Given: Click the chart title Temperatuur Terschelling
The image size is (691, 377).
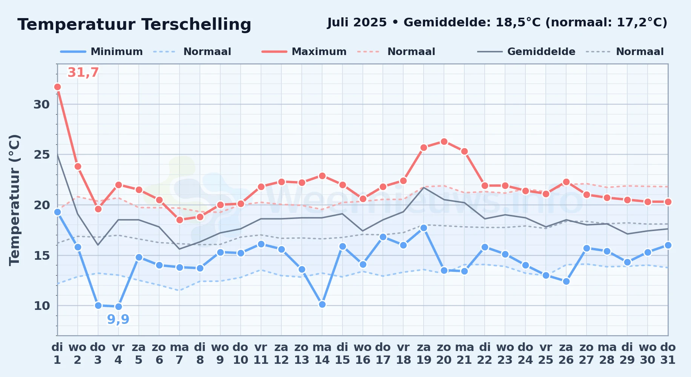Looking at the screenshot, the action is (x=134, y=25).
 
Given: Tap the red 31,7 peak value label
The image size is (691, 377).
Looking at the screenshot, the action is (x=83, y=72).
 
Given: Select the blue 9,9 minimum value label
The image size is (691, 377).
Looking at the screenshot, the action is (x=118, y=319).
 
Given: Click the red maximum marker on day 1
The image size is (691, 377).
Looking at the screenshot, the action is (x=57, y=87).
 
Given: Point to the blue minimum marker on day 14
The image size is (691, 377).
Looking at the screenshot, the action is (x=322, y=304).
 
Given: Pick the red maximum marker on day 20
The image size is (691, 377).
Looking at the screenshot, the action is (x=444, y=141).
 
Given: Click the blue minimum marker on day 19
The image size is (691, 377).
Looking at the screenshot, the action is (x=424, y=228).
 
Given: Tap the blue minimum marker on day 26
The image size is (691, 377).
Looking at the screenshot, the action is (x=566, y=281).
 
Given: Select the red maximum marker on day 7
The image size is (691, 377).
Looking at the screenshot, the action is (x=180, y=220).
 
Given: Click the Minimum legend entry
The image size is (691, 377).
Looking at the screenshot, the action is (x=101, y=52).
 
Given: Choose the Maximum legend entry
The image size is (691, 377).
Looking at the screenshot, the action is (x=304, y=52).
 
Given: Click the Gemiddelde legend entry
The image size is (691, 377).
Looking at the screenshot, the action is (x=526, y=52).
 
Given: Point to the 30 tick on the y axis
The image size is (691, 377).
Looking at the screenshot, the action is (x=41, y=104).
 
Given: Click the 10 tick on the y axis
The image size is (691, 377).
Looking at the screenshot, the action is (x=41, y=306).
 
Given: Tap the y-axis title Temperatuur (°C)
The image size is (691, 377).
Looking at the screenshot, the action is (x=15, y=200).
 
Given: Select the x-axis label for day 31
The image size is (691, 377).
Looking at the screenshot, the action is (x=668, y=353).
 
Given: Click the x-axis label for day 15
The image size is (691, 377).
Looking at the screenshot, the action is (x=342, y=353).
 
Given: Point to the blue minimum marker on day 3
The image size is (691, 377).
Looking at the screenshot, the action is (x=98, y=305).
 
